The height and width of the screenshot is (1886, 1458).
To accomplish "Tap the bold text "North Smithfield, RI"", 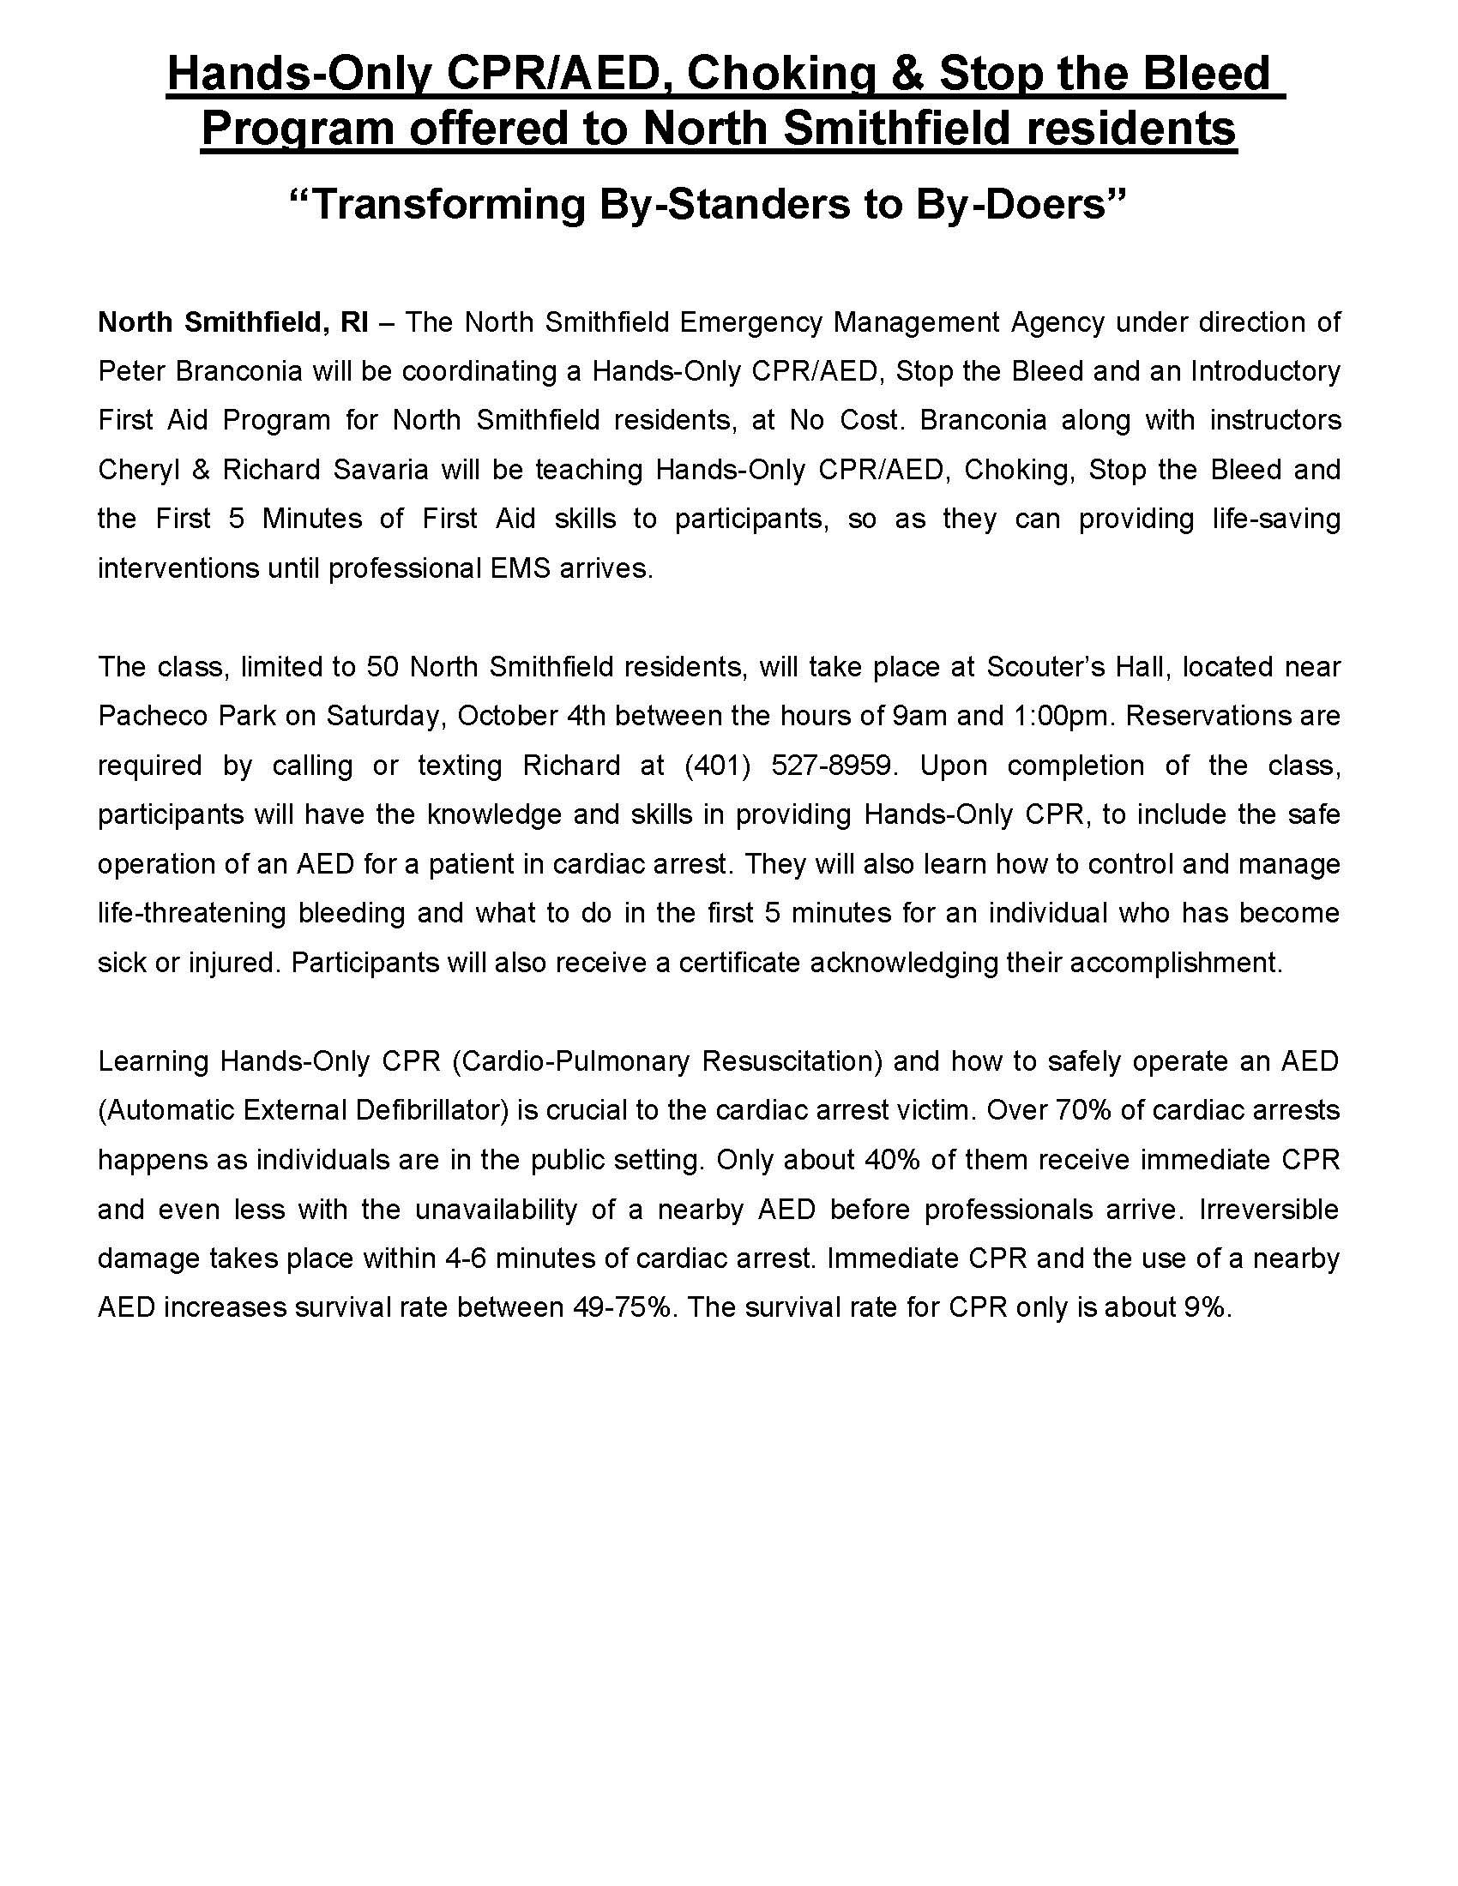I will click(x=233, y=322).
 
